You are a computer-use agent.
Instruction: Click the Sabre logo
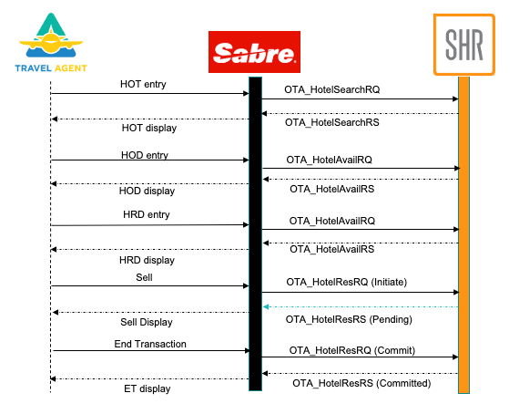(x=254, y=53)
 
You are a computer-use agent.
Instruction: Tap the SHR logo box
(x=463, y=44)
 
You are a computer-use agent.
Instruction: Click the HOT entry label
(x=143, y=84)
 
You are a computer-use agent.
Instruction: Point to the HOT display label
(x=148, y=128)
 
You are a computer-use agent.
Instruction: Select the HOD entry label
(x=144, y=155)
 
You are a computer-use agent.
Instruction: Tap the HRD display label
(x=147, y=260)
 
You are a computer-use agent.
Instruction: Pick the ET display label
(x=147, y=388)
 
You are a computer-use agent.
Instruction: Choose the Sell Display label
(x=147, y=322)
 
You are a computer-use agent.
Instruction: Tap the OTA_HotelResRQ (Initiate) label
(x=346, y=283)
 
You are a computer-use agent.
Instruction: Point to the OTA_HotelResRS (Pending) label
(x=349, y=320)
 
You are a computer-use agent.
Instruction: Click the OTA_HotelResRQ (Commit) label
(x=348, y=349)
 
